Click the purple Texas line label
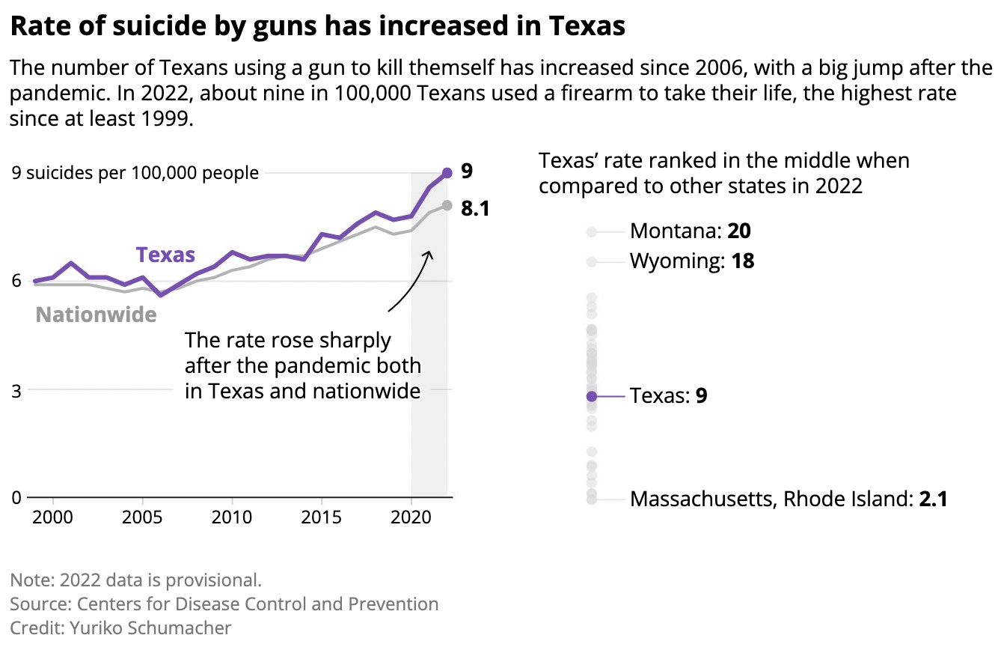tap(165, 255)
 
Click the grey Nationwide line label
tap(97, 315)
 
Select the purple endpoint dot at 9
tap(447, 173)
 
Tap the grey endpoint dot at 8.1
tap(447, 205)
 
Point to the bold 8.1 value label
tap(475, 209)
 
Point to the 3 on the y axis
tap(16, 389)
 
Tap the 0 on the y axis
tap(16, 497)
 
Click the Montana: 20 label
tap(690, 231)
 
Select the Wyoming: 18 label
tap(692, 261)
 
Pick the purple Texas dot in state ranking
tap(592, 396)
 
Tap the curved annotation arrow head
tap(429, 252)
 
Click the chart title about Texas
tap(317, 27)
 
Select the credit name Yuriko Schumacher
tap(150, 628)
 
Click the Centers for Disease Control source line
tap(224, 604)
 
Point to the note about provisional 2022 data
tap(136, 580)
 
